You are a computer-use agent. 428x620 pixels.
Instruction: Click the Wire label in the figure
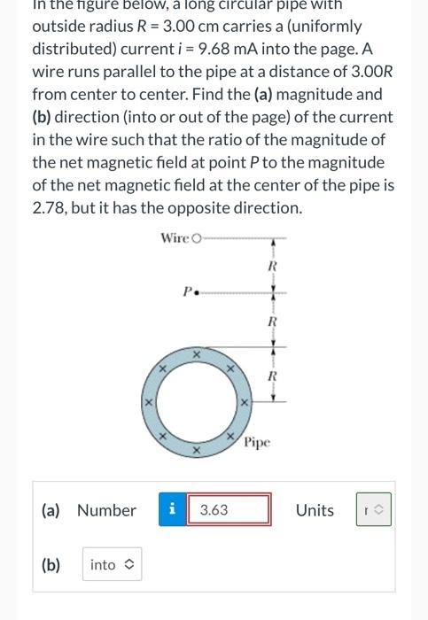(174, 237)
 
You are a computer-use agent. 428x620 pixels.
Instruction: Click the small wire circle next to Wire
(196, 238)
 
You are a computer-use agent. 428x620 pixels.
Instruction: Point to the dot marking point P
(196, 290)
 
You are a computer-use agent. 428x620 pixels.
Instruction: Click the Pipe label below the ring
(256, 441)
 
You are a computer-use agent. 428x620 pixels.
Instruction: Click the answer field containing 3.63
(228, 510)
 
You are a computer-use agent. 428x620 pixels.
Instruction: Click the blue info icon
(172, 510)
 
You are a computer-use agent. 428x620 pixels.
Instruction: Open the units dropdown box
(372, 510)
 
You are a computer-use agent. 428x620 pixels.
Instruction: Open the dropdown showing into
(112, 564)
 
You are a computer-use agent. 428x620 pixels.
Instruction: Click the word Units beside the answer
(315, 510)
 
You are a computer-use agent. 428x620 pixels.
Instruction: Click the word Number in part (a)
(106, 510)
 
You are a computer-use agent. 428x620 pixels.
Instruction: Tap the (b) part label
(51, 564)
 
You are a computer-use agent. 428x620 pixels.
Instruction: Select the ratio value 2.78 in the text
(50, 208)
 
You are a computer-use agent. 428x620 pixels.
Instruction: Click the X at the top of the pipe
(197, 353)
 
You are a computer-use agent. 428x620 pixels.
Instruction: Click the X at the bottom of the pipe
(197, 451)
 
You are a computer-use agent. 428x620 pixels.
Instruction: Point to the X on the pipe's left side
(148, 403)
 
